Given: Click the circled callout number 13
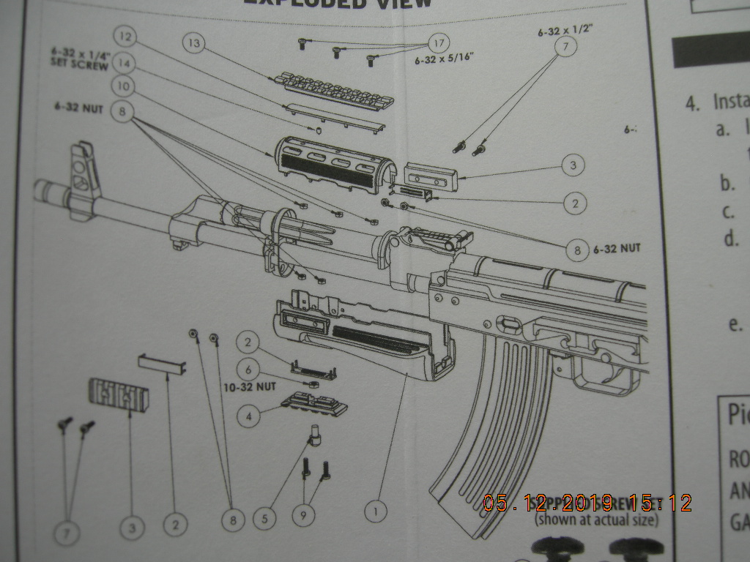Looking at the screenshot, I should tap(194, 44).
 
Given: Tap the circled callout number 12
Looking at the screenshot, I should tap(125, 36).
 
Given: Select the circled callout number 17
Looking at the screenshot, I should tap(439, 43).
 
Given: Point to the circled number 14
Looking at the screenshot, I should tap(125, 63).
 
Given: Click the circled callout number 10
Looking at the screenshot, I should tap(124, 86).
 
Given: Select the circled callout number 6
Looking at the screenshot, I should tap(248, 371).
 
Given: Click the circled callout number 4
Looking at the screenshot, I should tap(249, 416).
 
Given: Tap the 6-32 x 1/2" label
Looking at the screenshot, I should tap(565, 31).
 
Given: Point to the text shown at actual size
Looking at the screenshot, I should tap(596, 520).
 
